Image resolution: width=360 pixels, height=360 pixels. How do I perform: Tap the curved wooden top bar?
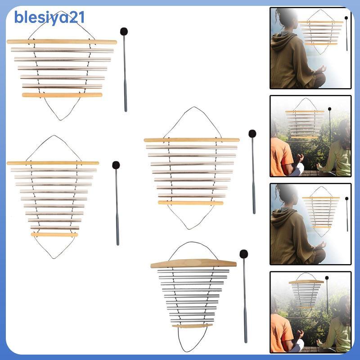(x=193, y=264)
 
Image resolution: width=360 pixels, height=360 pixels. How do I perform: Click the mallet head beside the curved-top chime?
(x=244, y=254)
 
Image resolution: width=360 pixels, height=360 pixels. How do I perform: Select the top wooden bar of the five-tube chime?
(x=62, y=42)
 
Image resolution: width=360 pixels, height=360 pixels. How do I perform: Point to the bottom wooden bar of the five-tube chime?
(x=62, y=95)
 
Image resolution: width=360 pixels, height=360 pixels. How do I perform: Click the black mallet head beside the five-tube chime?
(x=124, y=31)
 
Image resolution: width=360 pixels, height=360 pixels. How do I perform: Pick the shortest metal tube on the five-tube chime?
(x=62, y=85)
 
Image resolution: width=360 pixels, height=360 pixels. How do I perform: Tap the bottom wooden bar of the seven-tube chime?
(x=190, y=203)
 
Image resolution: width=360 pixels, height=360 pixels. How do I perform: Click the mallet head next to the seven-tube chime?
(x=252, y=134)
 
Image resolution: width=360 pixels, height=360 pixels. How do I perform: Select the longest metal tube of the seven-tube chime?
(x=191, y=147)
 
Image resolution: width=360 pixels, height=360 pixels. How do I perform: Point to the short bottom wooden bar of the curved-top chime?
(x=193, y=325)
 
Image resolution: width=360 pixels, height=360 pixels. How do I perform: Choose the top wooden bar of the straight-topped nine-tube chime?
(x=53, y=163)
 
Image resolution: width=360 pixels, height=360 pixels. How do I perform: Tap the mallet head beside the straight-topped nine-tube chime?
(x=116, y=165)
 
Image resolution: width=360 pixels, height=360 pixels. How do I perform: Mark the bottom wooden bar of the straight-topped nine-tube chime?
(x=54, y=234)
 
